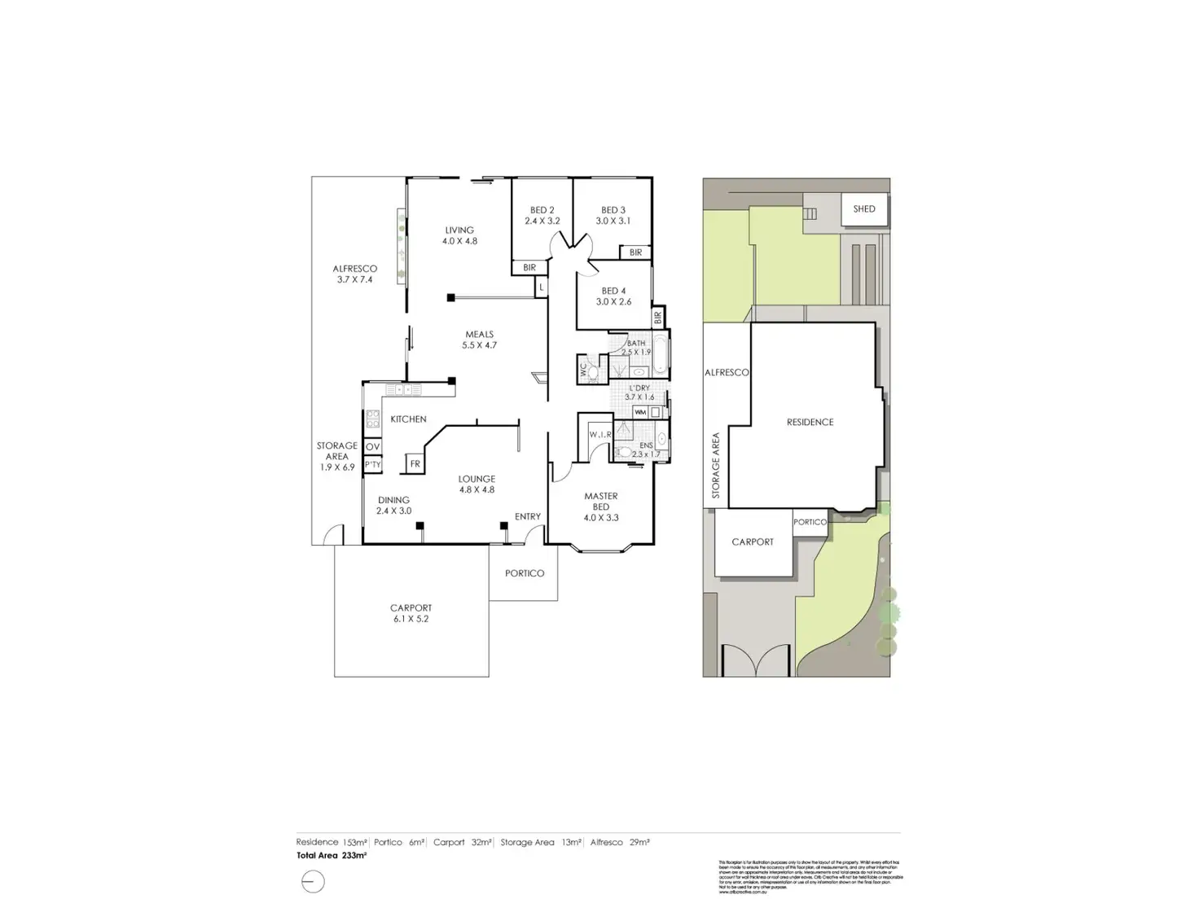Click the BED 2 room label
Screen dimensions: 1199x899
[542, 210]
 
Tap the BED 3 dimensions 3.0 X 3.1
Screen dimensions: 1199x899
[613, 221]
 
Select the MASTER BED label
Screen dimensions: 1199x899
[601, 501]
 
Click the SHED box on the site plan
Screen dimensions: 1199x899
[863, 209]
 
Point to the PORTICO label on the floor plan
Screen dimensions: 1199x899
[525, 573]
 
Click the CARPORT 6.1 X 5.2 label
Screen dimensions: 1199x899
[411, 613]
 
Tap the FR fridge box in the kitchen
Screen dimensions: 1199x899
[415, 464]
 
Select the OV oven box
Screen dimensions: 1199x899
[372, 447]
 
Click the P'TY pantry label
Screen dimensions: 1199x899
[372, 465]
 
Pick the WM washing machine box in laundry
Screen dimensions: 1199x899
[640, 413]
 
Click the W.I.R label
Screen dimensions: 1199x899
[600, 435]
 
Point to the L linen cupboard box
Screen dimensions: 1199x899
[542, 287]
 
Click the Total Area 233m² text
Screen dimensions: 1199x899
[332, 856]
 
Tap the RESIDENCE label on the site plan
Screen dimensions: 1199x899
[810, 422]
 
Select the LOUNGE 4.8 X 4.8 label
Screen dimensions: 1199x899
[477, 485]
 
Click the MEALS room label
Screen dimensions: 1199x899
[479, 334]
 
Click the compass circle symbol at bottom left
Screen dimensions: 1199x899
[313, 882]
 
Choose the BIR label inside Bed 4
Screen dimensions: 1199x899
[657, 316]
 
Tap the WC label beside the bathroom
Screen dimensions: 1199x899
[583, 368]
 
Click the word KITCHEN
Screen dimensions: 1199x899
[408, 419]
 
